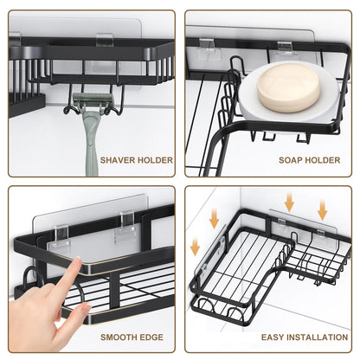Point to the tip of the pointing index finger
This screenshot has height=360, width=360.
point(76,262)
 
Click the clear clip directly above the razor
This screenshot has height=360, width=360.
point(104,39)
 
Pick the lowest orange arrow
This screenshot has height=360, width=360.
point(196,247)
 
